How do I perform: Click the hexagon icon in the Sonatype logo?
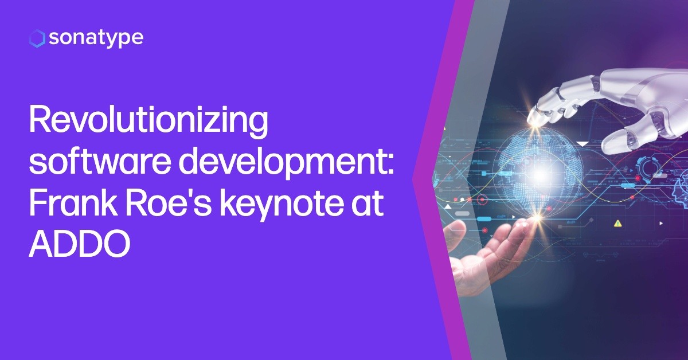tap(36, 38)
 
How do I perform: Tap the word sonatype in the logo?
tap(96, 38)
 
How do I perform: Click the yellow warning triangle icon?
tap(617, 223)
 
